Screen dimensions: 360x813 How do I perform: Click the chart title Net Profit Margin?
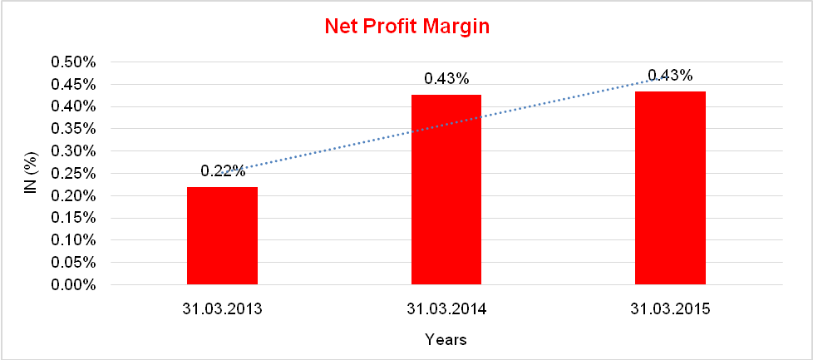pyautogui.click(x=406, y=27)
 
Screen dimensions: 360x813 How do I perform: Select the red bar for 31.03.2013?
pyautogui.click(x=222, y=236)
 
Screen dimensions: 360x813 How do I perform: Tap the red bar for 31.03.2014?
pyautogui.click(x=446, y=190)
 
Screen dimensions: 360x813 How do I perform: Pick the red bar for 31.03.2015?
pyautogui.click(x=670, y=189)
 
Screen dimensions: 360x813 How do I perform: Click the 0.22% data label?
pyautogui.click(x=223, y=171)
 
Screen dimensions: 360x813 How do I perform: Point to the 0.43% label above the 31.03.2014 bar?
pyautogui.click(x=446, y=79)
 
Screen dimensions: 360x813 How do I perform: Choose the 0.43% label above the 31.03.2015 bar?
pyautogui.click(x=670, y=76)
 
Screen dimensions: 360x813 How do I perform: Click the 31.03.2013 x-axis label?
pyautogui.click(x=222, y=309)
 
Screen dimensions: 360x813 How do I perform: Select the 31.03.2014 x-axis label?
pyautogui.click(x=446, y=309)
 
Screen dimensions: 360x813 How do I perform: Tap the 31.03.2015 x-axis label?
pyautogui.click(x=670, y=309)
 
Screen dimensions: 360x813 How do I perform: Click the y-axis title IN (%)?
pyautogui.click(x=32, y=173)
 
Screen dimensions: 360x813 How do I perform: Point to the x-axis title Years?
pyautogui.click(x=446, y=339)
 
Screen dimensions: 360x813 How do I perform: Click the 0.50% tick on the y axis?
pyautogui.click(x=75, y=62)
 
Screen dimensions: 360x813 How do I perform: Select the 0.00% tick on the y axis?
pyautogui.click(x=75, y=285)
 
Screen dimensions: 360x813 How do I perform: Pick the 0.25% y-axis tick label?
pyautogui.click(x=75, y=174)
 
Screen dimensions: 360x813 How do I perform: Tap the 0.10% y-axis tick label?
pyautogui.click(x=75, y=240)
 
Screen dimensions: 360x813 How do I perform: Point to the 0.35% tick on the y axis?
pyautogui.click(x=75, y=129)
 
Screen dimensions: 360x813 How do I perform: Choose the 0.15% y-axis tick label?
pyautogui.click(x=75, y=218)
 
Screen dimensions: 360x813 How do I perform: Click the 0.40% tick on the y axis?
pyautogui.click(x=75, y=106)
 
